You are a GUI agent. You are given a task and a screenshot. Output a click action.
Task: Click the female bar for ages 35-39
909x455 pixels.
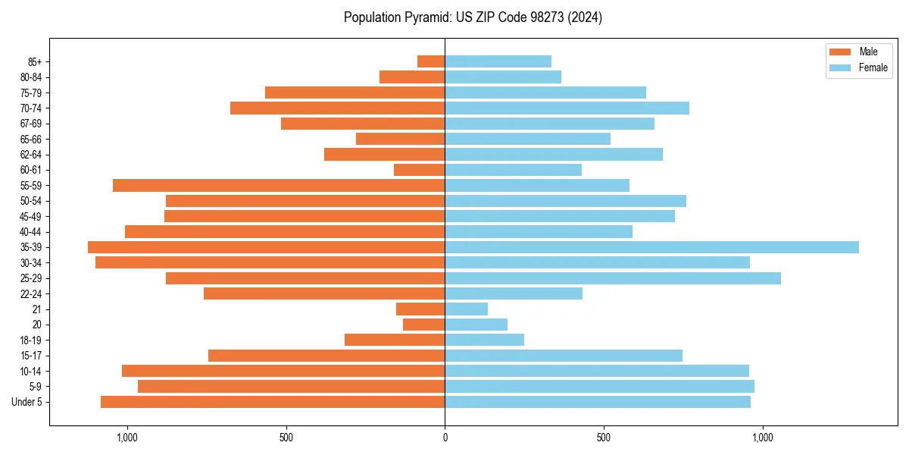click(x=651, y=247)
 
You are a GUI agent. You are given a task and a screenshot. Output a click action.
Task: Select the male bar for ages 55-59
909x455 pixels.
click(x=279, y=185)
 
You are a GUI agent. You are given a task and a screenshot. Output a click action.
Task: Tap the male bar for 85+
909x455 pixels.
click(x=431, y=61)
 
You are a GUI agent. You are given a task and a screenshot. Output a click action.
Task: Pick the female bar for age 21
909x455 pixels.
click(x=466, y=309)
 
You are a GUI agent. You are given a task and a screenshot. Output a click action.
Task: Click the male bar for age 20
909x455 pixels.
click(x=424, y=325)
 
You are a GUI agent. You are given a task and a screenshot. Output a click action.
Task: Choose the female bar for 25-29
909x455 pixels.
click(x=613, y=278)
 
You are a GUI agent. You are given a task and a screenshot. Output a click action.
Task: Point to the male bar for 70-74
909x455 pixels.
click(x=338, y=108)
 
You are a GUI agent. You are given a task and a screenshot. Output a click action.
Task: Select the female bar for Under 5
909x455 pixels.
click(x=598, y=402)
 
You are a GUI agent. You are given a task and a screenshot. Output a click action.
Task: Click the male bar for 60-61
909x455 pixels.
click(x=420, y=170)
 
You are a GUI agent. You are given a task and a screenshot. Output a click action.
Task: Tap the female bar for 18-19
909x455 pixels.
click(x=484, y=340)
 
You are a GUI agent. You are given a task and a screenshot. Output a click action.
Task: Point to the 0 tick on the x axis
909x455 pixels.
click(x=445, y=438)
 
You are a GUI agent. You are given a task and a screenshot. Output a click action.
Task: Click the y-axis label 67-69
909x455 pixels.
click(x=31, y=124)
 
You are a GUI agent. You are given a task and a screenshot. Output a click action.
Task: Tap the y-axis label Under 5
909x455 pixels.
click(x=27, y=402)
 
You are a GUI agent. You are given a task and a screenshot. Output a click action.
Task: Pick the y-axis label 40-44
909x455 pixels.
click(x=31, y=232)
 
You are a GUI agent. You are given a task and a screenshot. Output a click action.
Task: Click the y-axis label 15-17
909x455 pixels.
click(x=31, y=356)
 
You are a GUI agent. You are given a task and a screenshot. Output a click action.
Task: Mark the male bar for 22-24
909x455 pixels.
click(x=324, y=293)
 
